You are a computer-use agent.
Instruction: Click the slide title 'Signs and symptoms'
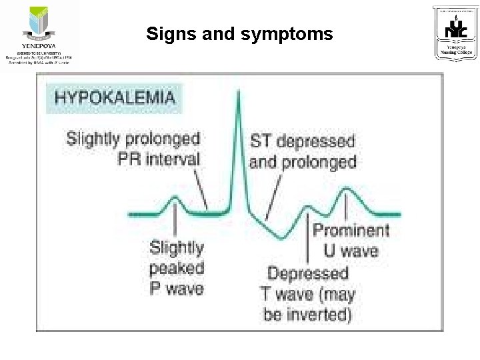(x=239, y=33)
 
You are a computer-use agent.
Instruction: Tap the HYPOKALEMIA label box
(x=114, y=97)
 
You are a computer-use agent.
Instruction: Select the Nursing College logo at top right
(x=455, y=33)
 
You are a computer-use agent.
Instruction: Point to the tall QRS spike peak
(x=239, y=93)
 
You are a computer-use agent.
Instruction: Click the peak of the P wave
(x=174, y=198)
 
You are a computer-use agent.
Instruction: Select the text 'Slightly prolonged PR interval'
(x=133, y=149)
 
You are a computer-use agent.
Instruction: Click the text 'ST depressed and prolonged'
(x=303, y=151)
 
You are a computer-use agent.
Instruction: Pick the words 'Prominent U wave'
(x=351, y=241)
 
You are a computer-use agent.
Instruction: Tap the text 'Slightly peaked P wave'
(x=177, y=267)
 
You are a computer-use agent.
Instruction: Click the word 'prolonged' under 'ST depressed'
(x=321, y=162)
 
